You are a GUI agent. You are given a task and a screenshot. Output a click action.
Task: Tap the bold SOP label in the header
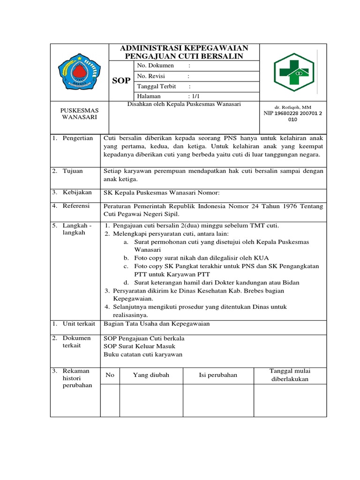pyautogui.click(x=121, y=81)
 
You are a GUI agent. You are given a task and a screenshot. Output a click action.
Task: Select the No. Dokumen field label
pyautogui.click(x=156, y=66)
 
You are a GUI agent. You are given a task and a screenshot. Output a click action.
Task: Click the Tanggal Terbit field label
pyautogui.click(x=157, y=87)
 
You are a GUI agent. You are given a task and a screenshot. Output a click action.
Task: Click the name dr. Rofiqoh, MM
pyautogui.click(x=293, y=107)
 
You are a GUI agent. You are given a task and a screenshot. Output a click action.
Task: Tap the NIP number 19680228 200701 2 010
pyautogui.click(x=293, y=116)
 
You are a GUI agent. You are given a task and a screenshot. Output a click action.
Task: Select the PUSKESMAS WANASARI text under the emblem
pyautogui.click(x=79, y=113)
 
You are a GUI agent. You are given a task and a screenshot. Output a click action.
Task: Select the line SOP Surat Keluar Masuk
pyautogui.click(x=139, y=346)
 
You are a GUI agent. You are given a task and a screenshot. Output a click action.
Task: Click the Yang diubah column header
pyautogui.click(x=151, y=375)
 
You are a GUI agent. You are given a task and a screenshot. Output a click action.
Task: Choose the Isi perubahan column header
pyautogui.click(x=218, y=375)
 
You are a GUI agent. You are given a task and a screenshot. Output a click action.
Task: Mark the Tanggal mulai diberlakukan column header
pyautogui.click(x=290, y=375)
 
